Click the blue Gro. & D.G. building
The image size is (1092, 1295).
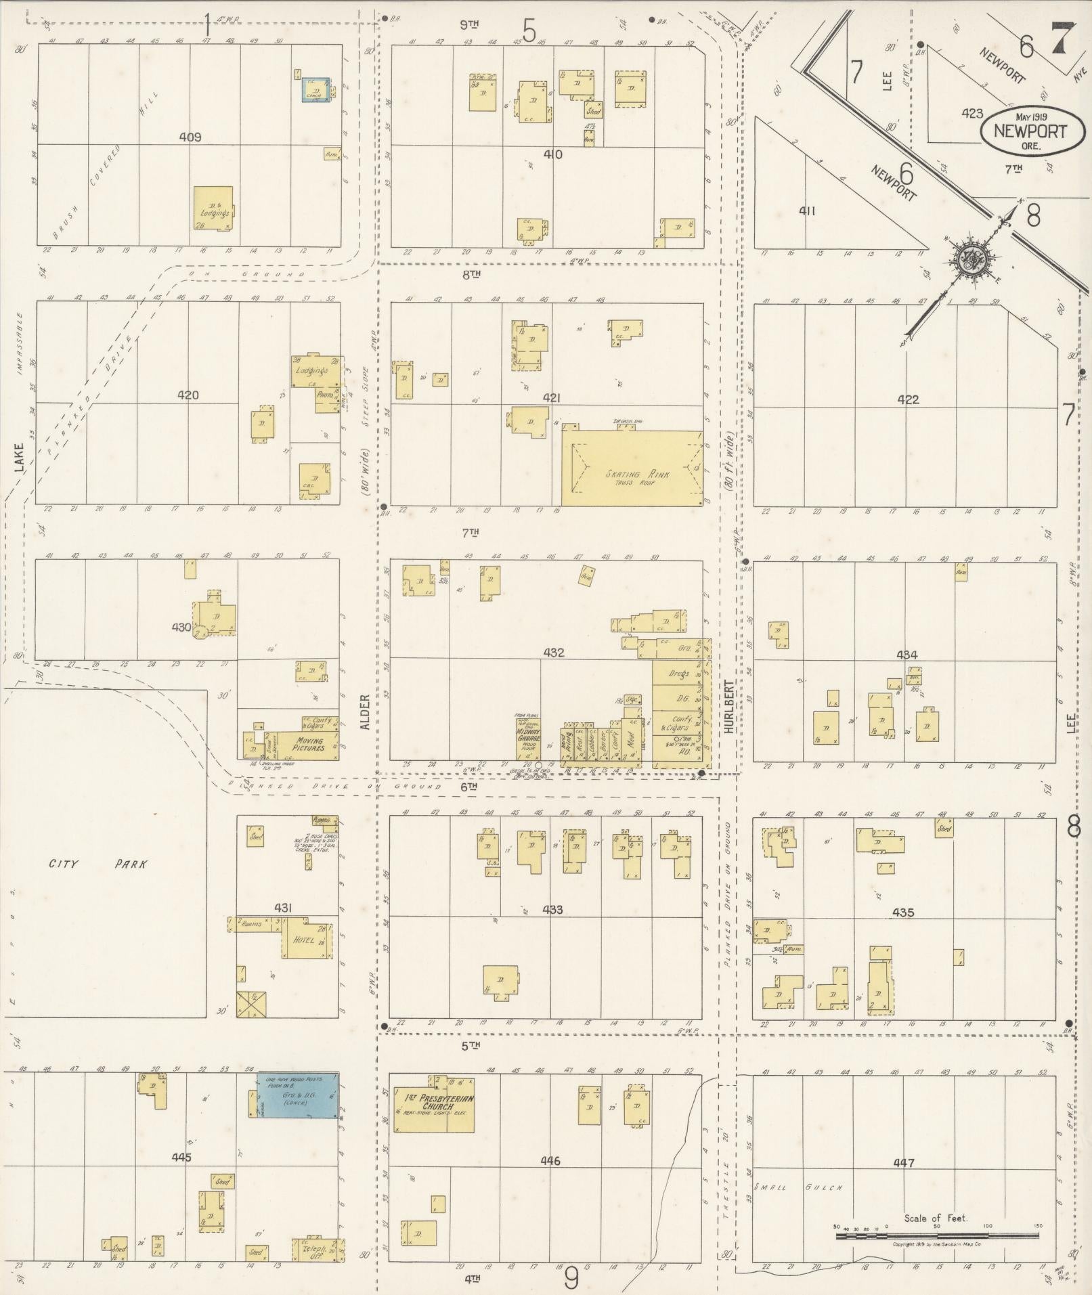click(298, 1095)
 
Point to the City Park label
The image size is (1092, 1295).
click(98, 864)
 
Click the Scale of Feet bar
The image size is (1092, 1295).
click(937, 1235)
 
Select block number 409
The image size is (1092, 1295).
click(190, 137)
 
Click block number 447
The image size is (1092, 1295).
click(903, 1163)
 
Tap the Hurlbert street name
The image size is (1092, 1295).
click(729, 706)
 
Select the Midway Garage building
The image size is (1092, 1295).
click(527, 738)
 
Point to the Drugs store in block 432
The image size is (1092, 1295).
click(678, 674)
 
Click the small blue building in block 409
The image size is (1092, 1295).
click(315, 90)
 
